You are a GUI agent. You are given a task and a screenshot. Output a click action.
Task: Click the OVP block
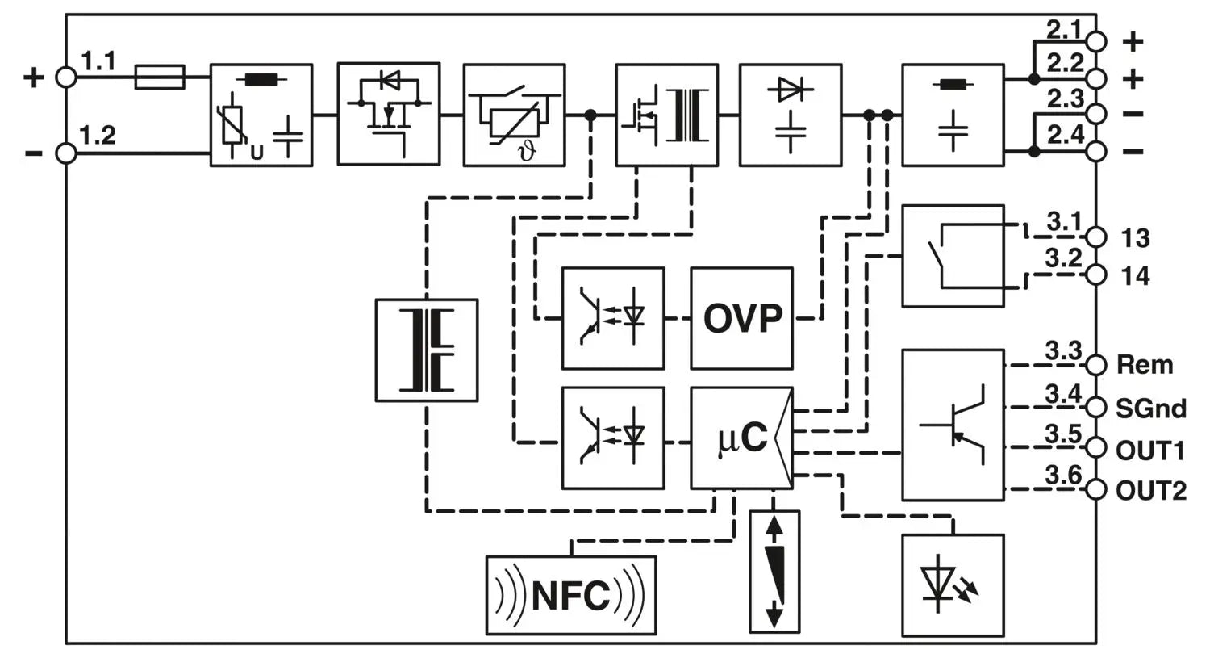741,318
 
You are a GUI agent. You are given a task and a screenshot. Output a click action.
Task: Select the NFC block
571,596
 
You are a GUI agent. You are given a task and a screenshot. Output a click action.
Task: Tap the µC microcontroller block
741,438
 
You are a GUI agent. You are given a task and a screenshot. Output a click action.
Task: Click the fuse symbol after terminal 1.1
160,78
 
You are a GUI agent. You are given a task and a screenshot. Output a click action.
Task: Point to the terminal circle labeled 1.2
65,153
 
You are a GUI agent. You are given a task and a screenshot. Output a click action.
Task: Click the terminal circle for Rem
1095,365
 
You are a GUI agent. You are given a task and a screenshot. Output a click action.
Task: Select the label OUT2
1150,490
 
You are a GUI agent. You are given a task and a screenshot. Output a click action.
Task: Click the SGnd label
1150,409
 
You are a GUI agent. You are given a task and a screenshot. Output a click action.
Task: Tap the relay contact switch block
953,256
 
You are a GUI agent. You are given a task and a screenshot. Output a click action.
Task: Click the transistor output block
953,425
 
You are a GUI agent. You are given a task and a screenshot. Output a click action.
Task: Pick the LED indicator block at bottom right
953,585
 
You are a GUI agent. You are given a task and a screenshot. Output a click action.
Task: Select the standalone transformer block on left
427,350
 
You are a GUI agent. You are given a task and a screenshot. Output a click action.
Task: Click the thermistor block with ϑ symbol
514,115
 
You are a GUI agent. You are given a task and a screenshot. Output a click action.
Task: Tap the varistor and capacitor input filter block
261,115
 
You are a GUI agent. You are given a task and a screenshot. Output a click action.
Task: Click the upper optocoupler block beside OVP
613,318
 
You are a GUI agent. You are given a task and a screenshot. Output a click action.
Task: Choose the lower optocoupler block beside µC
613,438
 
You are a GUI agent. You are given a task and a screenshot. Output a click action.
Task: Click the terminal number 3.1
1063,221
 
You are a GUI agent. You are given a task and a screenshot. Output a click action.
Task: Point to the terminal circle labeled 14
1095,275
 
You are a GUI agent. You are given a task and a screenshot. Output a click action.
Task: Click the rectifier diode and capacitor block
791,115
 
